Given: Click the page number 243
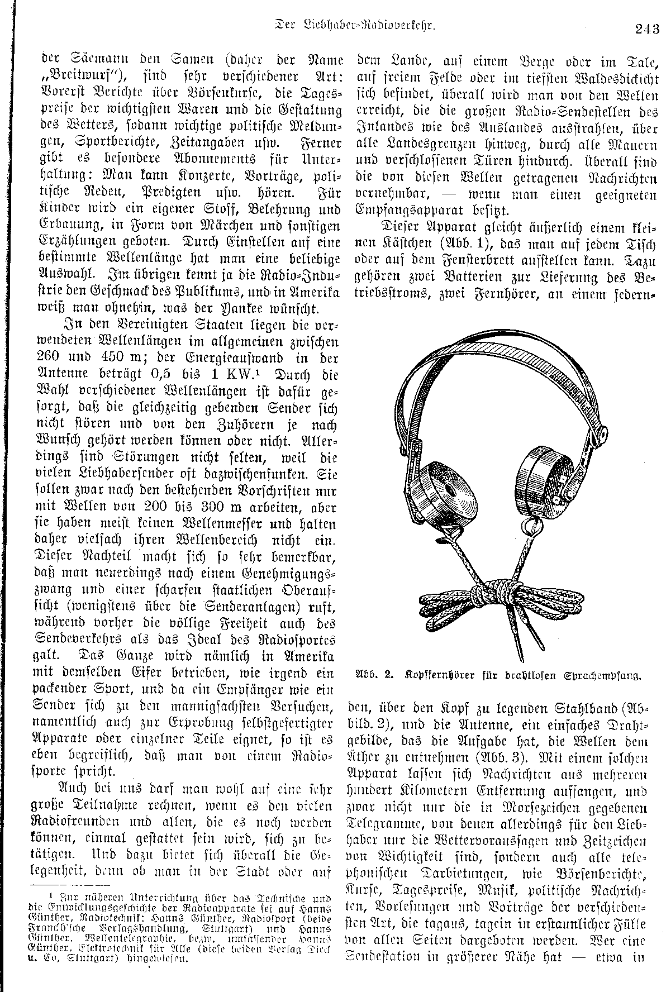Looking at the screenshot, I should coord(647,28).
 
